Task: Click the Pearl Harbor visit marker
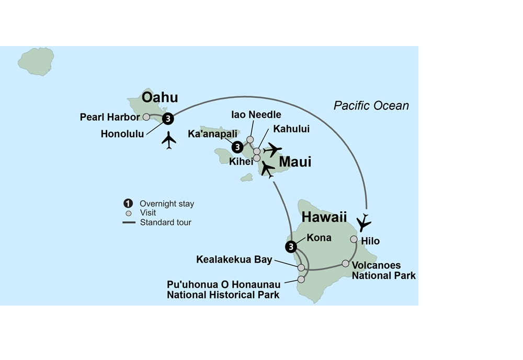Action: click(146, 117)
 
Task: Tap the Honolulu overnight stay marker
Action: click(167, 119)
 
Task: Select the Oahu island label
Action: click(160, 97)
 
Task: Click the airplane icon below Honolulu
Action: click(169, 140)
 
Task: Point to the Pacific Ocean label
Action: click(371, 106)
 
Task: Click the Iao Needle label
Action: click(256, 115)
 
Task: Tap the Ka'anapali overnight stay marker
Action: click(237, 147)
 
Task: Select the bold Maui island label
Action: click(295, 162)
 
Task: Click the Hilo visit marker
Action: click(354, 239)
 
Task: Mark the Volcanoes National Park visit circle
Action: click(345, 263)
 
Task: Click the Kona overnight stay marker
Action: click(290, 246)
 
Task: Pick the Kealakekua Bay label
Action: click(234, 259)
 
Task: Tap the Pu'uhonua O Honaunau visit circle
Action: click(301, 279)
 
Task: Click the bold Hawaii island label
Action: click(324, 217)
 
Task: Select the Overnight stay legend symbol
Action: click(128, 204)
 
